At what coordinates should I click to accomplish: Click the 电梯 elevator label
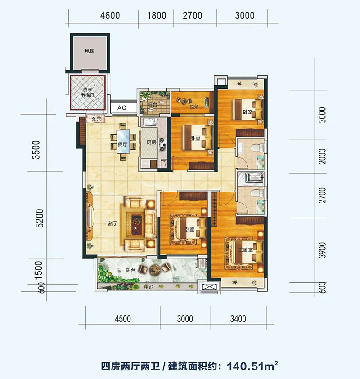coord(90,51)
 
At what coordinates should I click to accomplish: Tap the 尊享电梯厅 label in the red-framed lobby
coord(87,92)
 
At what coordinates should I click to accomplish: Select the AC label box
coord(121,108)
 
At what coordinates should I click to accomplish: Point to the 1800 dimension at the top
coord(157,15)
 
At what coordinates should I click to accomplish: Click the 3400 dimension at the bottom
coord(237,319)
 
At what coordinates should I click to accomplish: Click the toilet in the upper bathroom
coord(257,147)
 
